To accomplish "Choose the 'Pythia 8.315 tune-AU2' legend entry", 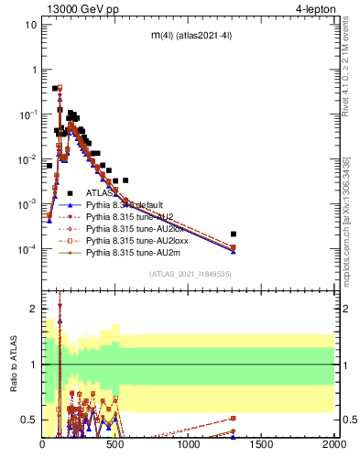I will pos(130,219).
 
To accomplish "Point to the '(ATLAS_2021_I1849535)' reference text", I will pos(189,274).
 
